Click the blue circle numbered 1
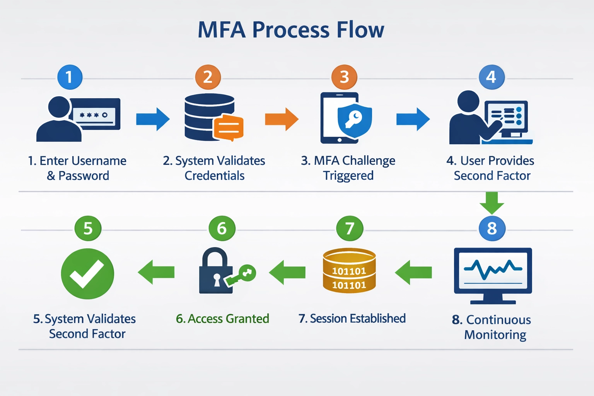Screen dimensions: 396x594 70,77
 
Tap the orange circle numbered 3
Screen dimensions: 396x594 344,77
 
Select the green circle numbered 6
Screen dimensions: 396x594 222,228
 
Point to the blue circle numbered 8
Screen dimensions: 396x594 492,228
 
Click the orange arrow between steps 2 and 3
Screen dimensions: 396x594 282,119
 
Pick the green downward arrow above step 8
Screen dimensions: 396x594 492,202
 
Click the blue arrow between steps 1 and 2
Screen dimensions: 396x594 153,119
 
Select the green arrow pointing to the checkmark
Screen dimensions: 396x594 156,272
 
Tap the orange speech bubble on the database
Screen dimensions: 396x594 229,127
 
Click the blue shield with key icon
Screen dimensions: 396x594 354,120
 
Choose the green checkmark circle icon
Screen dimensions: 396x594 87,273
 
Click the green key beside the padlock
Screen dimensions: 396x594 242,275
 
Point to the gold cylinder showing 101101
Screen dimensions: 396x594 349,271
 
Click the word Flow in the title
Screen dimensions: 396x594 360,30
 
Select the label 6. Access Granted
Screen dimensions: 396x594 222,319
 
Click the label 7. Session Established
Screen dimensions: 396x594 352,318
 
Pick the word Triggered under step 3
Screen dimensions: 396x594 348,176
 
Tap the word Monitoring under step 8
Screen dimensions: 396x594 495,335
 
